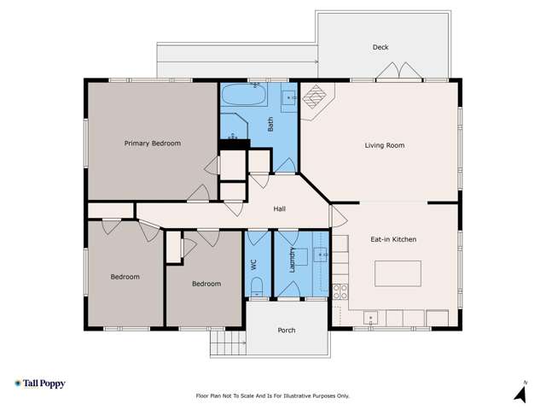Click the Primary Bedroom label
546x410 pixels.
152,143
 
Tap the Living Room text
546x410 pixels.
384,145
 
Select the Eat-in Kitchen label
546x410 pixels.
393,239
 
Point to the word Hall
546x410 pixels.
279,208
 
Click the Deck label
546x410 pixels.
380,47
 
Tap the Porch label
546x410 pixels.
287,330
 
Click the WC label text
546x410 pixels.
254,265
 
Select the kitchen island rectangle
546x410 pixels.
398,273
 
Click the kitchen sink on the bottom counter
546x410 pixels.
370,319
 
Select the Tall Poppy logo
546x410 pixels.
39,384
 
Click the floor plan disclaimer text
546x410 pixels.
273,396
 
